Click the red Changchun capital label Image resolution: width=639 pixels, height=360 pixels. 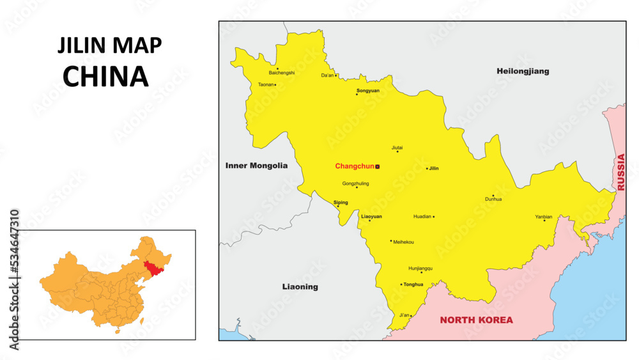355,166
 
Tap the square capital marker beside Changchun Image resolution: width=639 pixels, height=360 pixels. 378,166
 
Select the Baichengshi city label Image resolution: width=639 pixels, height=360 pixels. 282,73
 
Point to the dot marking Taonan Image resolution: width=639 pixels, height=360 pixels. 275,85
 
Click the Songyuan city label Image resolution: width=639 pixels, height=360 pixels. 367,90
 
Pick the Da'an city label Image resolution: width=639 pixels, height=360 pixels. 327,75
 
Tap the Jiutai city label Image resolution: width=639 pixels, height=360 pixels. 397,147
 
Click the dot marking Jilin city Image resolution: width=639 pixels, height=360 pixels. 427,169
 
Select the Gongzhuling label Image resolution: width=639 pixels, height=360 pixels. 355,184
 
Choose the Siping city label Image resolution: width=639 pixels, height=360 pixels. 341,202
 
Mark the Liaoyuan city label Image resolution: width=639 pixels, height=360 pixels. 371,216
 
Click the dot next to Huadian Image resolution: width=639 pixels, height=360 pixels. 434,217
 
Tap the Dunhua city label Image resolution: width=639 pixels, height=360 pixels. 493,199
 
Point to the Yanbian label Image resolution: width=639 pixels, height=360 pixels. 543,217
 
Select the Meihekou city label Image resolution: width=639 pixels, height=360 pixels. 403,242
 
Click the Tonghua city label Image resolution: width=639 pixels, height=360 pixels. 413,285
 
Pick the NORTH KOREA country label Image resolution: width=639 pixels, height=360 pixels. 476,320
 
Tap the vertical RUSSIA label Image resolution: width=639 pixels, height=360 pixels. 620,173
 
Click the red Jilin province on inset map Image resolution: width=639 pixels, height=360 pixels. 153,268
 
